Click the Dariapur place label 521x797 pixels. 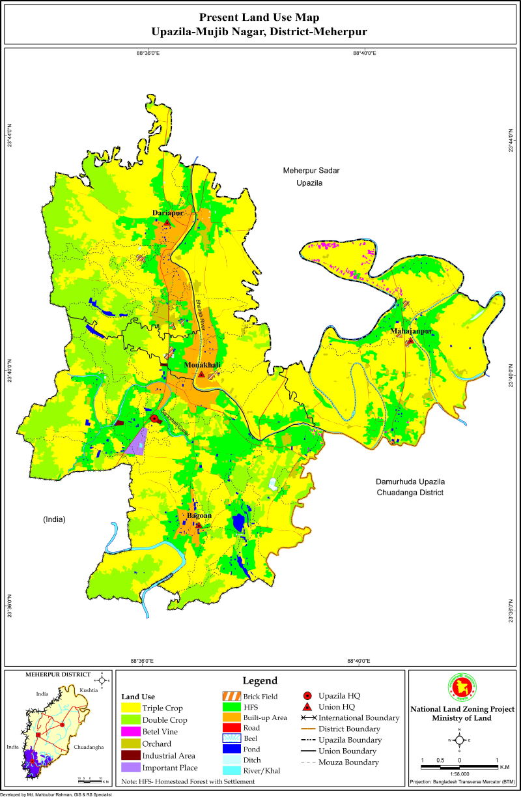point(167,213)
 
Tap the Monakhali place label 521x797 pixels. point(202,365)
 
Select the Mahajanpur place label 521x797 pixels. point(412,332)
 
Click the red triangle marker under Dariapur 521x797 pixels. point(167,223)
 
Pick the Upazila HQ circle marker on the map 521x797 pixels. point(154,419)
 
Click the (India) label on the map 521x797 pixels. point(55,519)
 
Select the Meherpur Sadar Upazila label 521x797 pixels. point(311,177)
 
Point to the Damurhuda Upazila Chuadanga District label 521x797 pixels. point(409,487)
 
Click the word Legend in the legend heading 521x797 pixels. point(260,680)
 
